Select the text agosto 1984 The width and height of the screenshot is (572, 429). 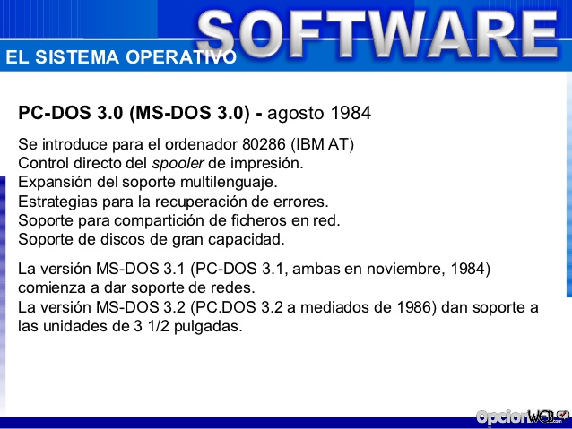(x=319, y=115)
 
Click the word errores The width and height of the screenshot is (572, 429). (x=299, y=202)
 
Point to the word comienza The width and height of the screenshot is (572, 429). (x=53, y=287)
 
